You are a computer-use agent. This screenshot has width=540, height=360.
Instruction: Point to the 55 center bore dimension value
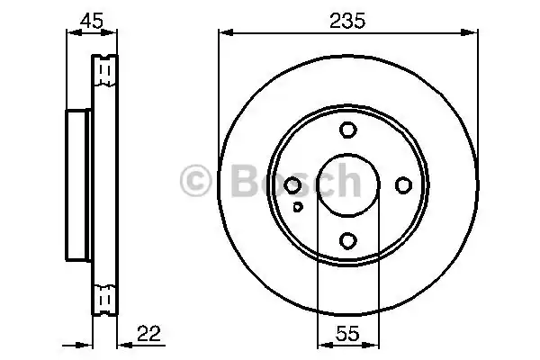pyautogui.click(x=347, y=333)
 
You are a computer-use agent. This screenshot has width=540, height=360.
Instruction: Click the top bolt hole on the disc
pyautogui.click(x=348, y=130)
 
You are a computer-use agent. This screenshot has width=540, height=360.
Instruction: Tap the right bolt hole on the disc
pyautogui.click(x=403, y=184)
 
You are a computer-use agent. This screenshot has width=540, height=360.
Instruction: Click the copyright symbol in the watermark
pyautogui.click(x=198, y=182)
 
